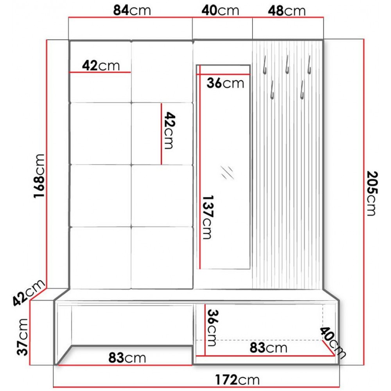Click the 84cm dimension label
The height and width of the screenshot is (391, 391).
pyautogui.click(x=132, y=11)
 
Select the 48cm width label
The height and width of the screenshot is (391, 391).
pyautogui.click(x=287, y=11)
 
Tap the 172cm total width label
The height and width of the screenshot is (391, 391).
pyautogui.click(x=237, y=380)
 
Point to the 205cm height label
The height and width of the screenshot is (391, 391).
pyautogui.click(x=372, y=193)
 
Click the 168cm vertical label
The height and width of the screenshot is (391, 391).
pyautogui.click(x=39, y=176)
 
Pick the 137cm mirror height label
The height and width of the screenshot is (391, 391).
pyautogui.click(x=208, y=217)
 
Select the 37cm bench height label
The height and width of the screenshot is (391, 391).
pyautogui.click(x=22, y=337)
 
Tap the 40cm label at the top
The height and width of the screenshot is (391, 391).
pyautogui.click(x=220, y=11)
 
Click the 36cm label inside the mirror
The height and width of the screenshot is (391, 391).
pyautogui.click(x=225, y=83)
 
